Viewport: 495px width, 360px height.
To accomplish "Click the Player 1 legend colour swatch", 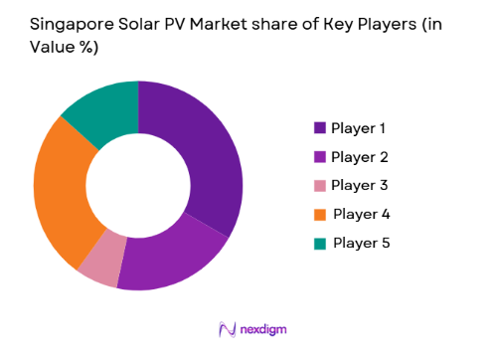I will coord(320,128).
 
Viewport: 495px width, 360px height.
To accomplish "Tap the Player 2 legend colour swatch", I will coord(320,157).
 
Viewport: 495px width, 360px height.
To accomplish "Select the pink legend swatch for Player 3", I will coord(320,186).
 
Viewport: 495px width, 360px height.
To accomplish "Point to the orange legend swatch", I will coord(320,214).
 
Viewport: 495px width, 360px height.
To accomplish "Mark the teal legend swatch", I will coord(320,243).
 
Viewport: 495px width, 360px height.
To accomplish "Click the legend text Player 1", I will coord(359,128).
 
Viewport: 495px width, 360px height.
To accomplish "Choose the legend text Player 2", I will coord(359,157).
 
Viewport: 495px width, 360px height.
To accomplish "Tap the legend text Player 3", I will coord(359,186).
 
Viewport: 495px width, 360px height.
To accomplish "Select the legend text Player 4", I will coord(362,214).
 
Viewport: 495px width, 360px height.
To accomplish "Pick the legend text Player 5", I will coord(362,243).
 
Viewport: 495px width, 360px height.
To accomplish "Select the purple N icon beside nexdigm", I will coord(225,330).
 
